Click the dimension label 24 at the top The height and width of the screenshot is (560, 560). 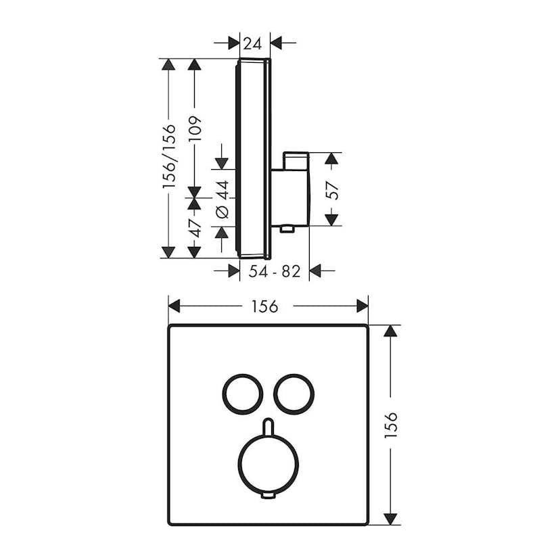tap(252, 44)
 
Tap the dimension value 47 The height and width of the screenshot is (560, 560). tap(195, 227)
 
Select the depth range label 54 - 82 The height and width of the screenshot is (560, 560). tap(275, 272)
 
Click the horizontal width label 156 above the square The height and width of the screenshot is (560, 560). tap(264, 306)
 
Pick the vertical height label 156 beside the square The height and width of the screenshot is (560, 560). tap(392, 426)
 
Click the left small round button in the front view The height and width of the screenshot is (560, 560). tap(239, 392)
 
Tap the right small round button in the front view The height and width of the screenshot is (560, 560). tap(292, 392)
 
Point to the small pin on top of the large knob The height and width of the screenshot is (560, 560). tap(269, 427)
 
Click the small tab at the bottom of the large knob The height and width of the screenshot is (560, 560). tap(269, 497)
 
